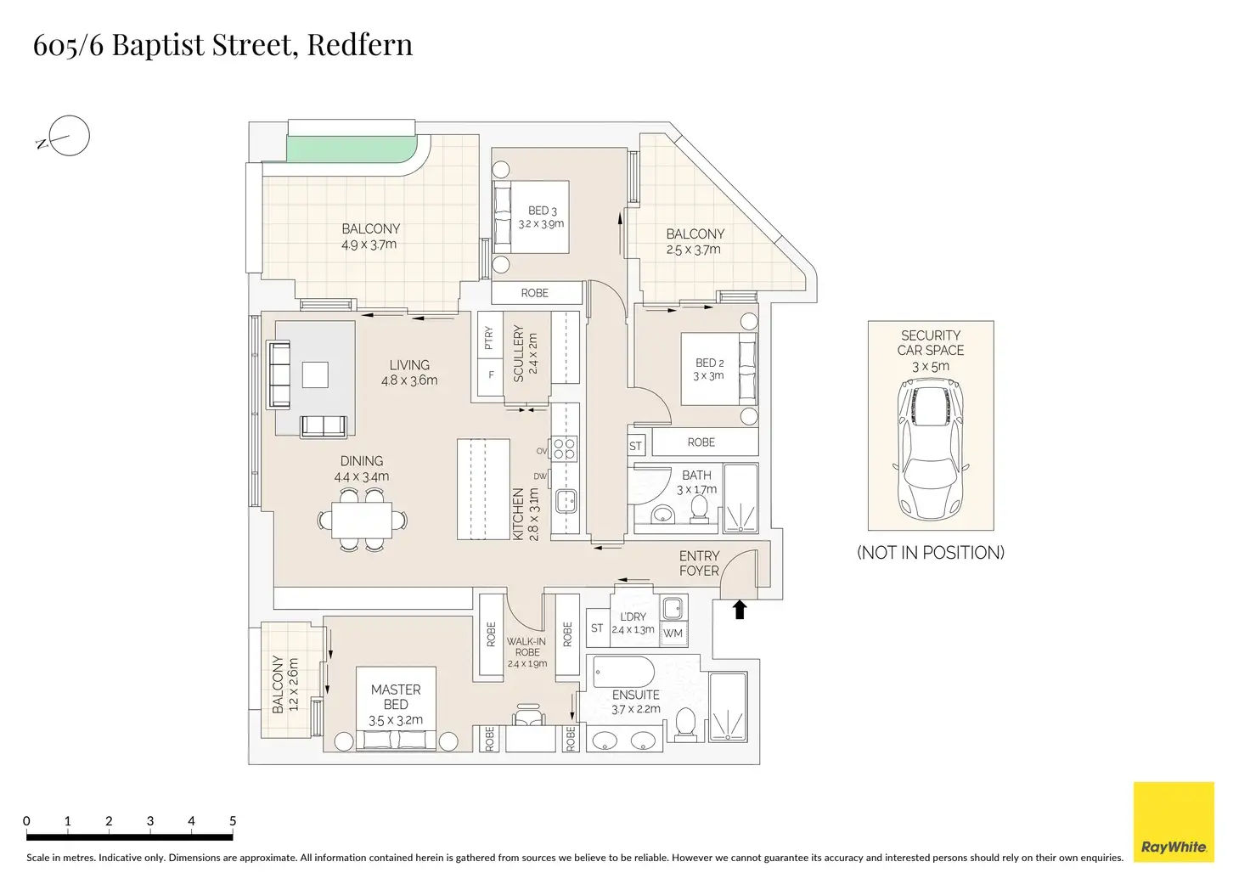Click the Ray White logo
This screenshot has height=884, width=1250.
[1174, 822]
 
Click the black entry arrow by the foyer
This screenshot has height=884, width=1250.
[740, 609]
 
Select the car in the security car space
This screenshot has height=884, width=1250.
[931, 450]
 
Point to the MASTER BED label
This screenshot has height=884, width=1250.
[396, 697]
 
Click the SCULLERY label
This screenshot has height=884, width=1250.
[519, 353]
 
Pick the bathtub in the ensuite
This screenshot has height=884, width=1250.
[623, 672]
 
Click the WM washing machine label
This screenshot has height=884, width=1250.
[673, 633]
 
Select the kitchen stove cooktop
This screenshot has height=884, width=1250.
[565, 448]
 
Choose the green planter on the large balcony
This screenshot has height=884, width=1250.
[348, 150]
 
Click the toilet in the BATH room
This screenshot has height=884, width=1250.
[699, 507]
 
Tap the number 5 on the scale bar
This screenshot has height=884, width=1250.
[233, 821]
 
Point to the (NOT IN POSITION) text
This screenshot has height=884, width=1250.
[931, 553]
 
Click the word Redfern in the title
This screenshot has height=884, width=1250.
[360, 44]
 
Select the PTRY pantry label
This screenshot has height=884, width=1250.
[488, 339]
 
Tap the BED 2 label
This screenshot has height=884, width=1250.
[709, 363]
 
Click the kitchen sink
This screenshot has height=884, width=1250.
[566, 501]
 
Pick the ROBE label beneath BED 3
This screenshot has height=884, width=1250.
[535, 293]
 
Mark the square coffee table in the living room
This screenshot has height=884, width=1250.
[315, 374]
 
